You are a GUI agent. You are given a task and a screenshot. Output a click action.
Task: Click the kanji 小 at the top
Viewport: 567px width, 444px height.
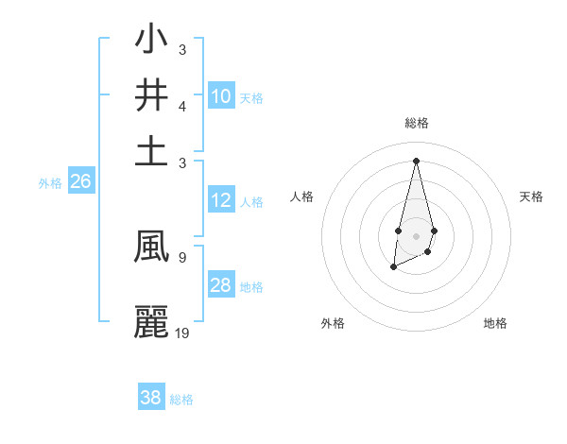tap(151, 42)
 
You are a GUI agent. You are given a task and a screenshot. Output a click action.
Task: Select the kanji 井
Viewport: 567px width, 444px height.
tap(151, 96)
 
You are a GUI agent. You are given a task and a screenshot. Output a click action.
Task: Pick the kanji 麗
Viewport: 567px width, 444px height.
tap(151, 321)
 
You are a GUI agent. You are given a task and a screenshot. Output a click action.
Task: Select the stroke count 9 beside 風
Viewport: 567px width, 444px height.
tap(181, 256)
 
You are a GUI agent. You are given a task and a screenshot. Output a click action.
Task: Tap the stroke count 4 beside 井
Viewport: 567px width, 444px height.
tap(182, 106)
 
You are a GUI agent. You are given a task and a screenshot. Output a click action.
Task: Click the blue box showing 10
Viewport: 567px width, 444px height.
tap(220, 96)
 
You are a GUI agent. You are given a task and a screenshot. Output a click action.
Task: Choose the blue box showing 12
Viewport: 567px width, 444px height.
tap(220, 200)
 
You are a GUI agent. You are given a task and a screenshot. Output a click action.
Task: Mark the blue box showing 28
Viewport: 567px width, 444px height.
tap(220, 285)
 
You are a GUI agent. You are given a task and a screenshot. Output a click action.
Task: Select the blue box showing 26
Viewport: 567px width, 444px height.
tap(80, 181)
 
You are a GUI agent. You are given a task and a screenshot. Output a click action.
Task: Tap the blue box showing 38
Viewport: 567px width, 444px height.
tap(151, 398)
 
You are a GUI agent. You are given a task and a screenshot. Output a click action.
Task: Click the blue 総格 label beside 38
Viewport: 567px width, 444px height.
tap(181, 400)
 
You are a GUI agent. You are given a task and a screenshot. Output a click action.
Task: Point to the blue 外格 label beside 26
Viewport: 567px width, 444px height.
tap(50, 183)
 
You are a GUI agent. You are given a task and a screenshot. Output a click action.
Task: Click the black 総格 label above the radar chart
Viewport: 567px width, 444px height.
tap(416, 123)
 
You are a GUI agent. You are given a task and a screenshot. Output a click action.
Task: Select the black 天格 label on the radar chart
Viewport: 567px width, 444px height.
tap(531, 196)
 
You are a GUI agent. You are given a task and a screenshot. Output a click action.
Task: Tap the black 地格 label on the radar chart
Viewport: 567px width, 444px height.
tap(495, 323)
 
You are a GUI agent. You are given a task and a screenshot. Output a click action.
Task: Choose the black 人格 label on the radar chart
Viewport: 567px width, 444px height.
tap(301, 196)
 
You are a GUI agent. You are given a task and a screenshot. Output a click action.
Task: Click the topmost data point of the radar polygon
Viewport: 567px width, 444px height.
tap(416, 160)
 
